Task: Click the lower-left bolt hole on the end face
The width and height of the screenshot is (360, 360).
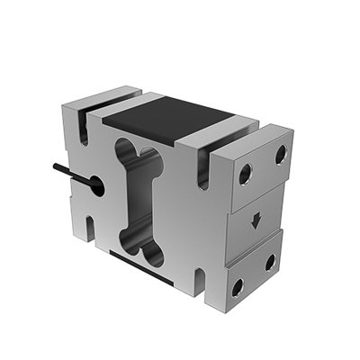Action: tap(238, 287)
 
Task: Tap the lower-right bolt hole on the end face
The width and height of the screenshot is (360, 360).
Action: tap(270, 263)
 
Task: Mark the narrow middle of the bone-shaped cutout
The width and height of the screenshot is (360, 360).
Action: tap(142, 198)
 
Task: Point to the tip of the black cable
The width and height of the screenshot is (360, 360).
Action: tap(55, 166)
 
